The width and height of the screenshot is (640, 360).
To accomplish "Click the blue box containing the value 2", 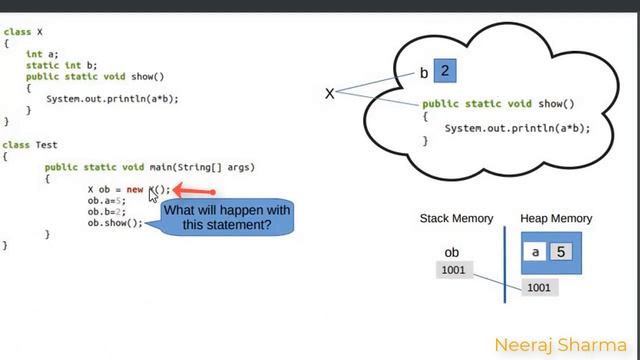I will (x=446, y=72).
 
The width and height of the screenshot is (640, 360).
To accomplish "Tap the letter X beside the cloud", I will (x=329, y=93).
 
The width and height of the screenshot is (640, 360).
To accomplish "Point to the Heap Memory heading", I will (x=556, y=218).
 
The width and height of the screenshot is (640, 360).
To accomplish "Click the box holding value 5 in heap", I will (x=561, y=252).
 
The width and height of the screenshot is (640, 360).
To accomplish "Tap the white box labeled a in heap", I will (x=536, y=252).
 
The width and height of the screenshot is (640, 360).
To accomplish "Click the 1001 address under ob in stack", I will (x=453, y=270).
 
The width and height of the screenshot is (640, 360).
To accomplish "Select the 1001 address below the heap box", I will (x=538, y=287).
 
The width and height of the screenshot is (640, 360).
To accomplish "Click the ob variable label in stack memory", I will (x=453, y=253).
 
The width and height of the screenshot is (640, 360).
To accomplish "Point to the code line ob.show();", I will (x=115, y=223).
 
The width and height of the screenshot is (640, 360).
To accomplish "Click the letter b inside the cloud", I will (x=424, y=73).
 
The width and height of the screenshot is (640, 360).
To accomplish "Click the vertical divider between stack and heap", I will (x=505, y=262).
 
